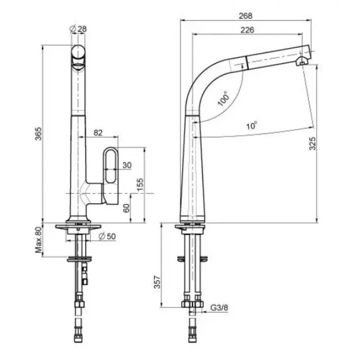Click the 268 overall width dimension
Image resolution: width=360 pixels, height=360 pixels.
point(246,16)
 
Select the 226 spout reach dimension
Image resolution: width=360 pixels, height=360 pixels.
point(247,30)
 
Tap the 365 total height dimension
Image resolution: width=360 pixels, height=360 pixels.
point(39,134)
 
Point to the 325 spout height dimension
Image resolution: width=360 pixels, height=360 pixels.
point(312,144)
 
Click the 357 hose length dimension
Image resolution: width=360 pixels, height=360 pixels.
point(157,282)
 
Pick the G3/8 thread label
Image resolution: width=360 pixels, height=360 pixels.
point(219,308)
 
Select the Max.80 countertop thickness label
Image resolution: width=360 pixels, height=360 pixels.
point(39,240)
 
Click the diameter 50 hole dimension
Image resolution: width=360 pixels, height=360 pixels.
point(107,236)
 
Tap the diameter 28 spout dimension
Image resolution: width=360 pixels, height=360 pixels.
point(78,29)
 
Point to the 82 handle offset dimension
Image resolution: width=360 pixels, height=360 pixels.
point(98,133)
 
